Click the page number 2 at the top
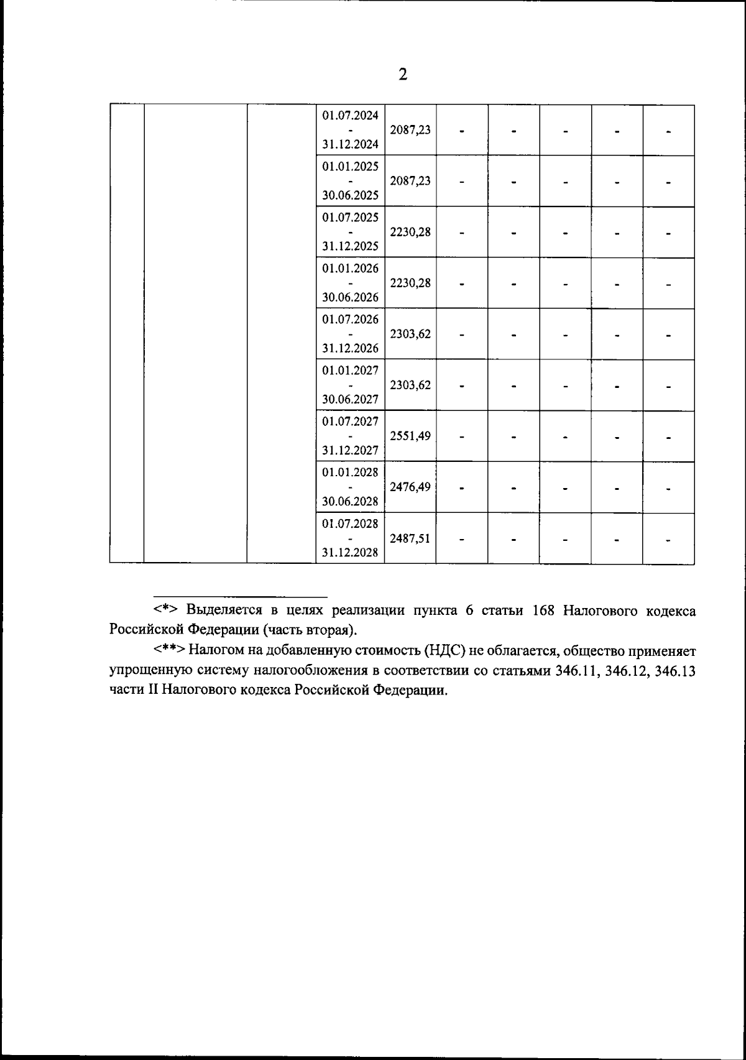(403, 75)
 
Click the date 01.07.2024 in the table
(350, 116)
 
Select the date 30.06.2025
(350, 195)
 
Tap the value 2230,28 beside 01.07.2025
(410, 232)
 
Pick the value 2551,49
(410, 436)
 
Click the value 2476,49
(410, 487)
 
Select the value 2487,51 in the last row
(410, 538)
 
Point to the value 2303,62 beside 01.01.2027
(410, 385)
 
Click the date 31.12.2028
(350, 552)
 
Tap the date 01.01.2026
(350, 269)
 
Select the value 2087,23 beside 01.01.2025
(410, 181)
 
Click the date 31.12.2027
(350, 450)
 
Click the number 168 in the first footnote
(543, 610)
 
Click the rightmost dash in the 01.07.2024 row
(668, 131)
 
